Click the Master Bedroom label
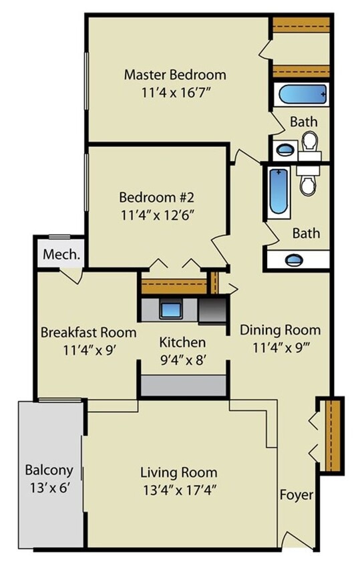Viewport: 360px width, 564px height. tap(175, 74)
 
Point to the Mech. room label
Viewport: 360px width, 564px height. tap(61, 255)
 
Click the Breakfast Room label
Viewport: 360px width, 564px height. tap(88, 332)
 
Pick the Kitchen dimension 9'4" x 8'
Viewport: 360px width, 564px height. tap(182, 360)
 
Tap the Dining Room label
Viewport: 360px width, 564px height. tap(280, 329)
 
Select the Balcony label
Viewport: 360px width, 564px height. tap(49, 469)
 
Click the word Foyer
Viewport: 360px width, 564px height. tap(296, 495)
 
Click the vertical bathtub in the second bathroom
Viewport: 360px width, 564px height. tap(278, 191)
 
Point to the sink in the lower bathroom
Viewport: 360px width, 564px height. tap(293, 260)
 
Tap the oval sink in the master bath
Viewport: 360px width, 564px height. tap(284, 149)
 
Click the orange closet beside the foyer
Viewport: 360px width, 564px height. tap(333, 435)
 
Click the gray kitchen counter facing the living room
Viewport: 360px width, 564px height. tap(182, 386)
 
